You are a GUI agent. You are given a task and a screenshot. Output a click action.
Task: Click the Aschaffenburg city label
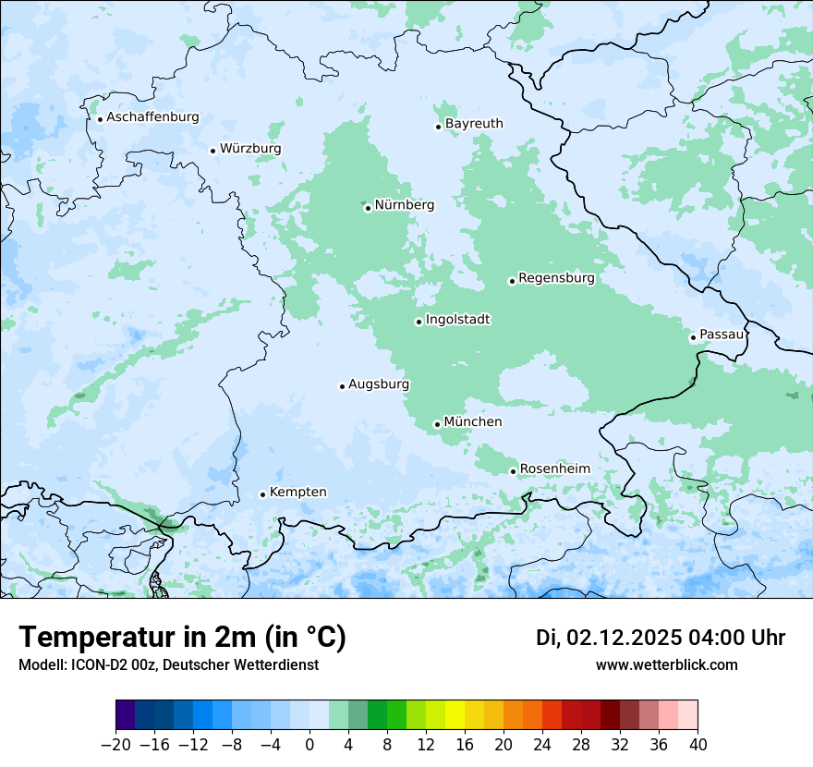pyautogui.click(x=152, y=117)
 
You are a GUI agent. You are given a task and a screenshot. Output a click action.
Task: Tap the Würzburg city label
pyautogui.click(x=250, y=149)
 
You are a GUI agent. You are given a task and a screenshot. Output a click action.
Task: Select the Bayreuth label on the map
pyautogui.click(x=474, y=124)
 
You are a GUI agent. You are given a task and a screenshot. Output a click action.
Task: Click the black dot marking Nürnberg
pyautogui.click(x=368, y=208)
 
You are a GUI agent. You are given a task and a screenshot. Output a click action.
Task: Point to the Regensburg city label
pyautogui.click(x=556, y=278)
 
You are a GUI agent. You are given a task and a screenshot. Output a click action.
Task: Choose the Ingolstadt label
pyautogui.click(x=457, y=320)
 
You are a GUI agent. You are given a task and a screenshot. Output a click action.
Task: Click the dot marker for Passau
pyautogui.click(x=693, y=337)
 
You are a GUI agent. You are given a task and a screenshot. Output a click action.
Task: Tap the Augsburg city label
pyautogui.click(x=378, y=384)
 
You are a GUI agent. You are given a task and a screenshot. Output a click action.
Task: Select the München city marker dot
pyautogui.click(x=437, y=424)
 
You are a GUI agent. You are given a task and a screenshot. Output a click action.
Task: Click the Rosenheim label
pyautogui.click(x=554, y=469)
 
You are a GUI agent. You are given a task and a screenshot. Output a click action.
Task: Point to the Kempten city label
pyautogui.click(x=297, y=493)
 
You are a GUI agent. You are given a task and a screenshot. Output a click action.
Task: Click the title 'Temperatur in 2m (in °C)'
pyautogui.click(x=182, y=638)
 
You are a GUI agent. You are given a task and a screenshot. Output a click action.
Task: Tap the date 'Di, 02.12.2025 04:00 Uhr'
pyautogui.click(x=661, y=638)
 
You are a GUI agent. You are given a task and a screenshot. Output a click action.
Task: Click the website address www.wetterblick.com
pyautogui.click(x=666, y=665)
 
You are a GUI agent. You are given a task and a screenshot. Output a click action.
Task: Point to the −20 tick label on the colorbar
pyautogui.click(x=115, y=745)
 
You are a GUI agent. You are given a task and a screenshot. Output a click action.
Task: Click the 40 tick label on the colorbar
pyautogui.click(x=698, y=745)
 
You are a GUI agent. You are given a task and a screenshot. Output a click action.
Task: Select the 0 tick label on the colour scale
pyautogui.click(x=309, y=745)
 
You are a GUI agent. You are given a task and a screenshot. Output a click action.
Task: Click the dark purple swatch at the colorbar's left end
pyautogui.click(x=126, y=715)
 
